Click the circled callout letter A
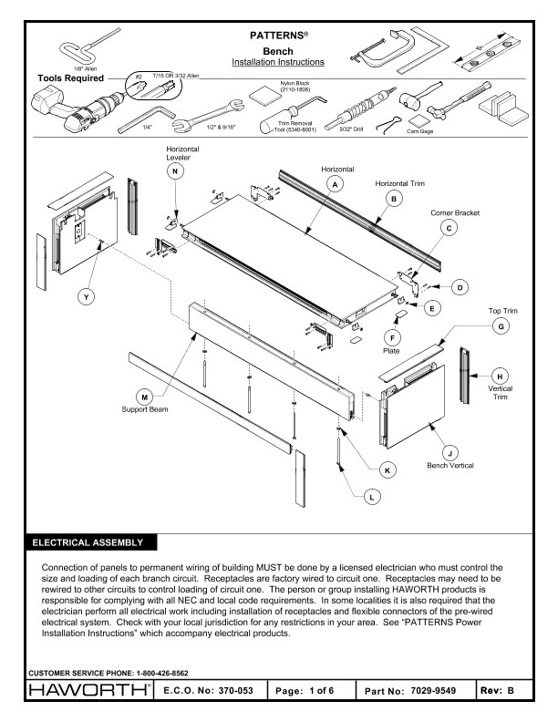(x=336, y=184)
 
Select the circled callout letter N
(x=176, y=170)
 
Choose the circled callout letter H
(x=500, y=375)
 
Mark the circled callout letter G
(x=500, y=325)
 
